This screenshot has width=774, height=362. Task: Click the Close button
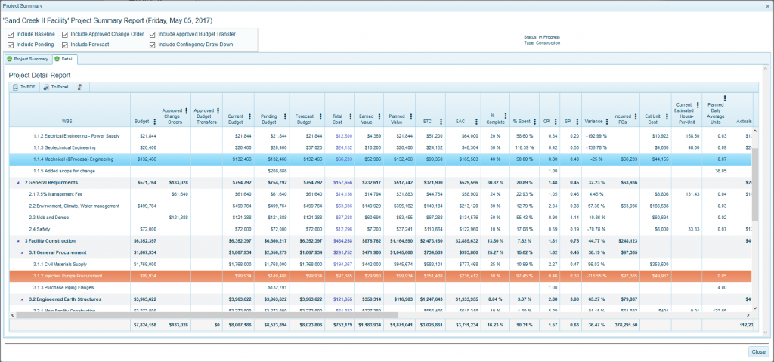point(757,351)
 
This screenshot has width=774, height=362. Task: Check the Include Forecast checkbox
point(65,45)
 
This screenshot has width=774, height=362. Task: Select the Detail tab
point(64,58)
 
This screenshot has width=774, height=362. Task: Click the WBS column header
point(67,120)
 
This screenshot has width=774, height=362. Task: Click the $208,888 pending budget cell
point(270,172)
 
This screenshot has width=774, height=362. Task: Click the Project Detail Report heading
point(39,76)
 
